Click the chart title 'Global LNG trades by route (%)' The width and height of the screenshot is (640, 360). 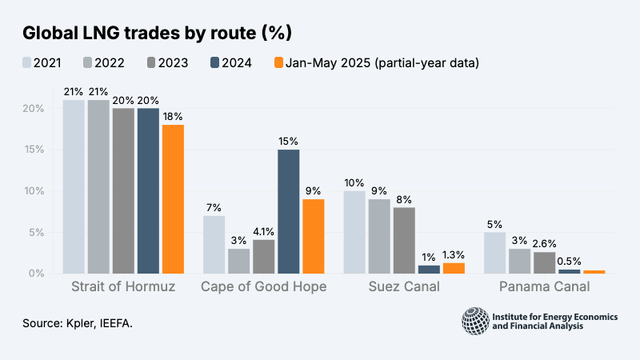pyautogui.click(x=157, y=33)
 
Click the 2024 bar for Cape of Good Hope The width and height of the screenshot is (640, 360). pyautogui.click(x=289, y=211)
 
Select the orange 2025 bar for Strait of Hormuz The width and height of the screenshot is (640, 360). pyautogui.click(x=173, y=199)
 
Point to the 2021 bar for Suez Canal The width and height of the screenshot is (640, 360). pyautogui.click(x=354, y=232)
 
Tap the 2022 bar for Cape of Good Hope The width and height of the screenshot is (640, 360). pyautogui.click(x=239, y=261)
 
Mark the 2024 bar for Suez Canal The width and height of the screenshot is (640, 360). pyautogui.click(x=429, y=270)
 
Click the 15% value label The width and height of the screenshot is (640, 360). pyautogui.click(x=289, y=142)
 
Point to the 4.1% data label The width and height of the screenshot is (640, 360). pyautogui.click(x=264, y=232)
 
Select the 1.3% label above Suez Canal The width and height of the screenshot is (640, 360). pyautogui.click(x=454, y=255)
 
